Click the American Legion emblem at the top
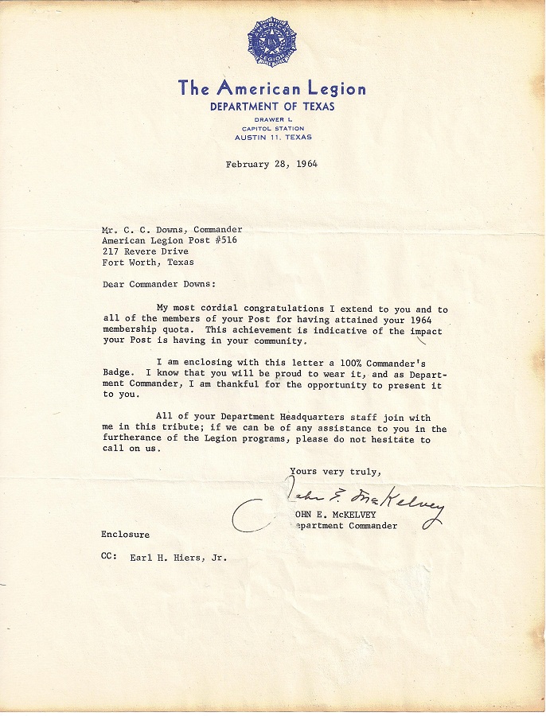272,44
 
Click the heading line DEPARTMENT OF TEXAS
272,107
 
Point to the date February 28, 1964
271,165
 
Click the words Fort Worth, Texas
147,262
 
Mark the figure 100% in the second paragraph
354,360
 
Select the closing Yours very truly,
329,471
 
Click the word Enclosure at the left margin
125,534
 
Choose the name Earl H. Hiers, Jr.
178,558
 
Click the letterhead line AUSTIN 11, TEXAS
273,137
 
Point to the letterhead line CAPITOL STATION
273,128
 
